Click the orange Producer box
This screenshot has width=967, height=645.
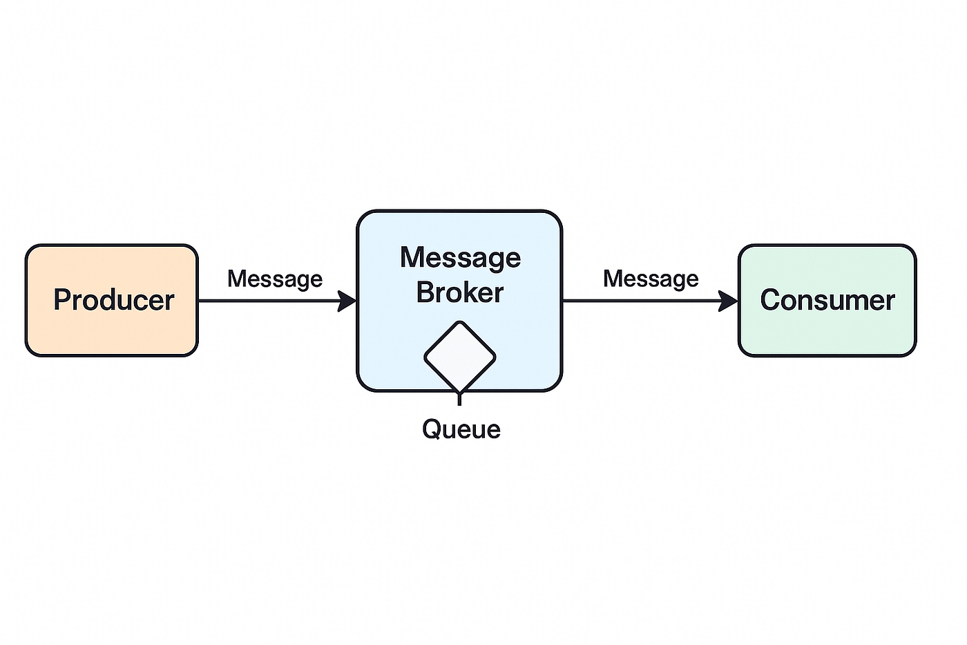coord(112,300)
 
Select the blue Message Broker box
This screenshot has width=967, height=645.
coord(459,301)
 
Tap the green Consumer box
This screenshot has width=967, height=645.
coord(827,300)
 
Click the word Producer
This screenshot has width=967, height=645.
coord(114,300)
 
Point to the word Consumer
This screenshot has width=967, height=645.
coord(827,300)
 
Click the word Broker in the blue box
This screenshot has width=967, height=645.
coord(460,292)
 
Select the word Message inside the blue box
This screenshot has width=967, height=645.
coord(460,259)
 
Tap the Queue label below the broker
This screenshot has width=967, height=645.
coord(461,429)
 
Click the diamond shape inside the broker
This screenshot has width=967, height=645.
coord(460,357)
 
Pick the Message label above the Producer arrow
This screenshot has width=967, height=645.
coord(275,279)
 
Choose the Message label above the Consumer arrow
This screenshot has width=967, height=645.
coord(651,279)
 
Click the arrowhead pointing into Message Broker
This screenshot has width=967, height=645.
coord(347,301)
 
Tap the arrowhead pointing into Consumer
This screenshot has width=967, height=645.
coord(728,301)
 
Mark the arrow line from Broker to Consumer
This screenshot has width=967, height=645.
coord(651,301)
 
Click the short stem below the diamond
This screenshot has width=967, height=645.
coord(459,398)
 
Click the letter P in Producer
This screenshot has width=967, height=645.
coord(62,299)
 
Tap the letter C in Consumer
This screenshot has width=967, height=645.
coord(771,300)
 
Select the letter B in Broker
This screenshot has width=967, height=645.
coord(425,292)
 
